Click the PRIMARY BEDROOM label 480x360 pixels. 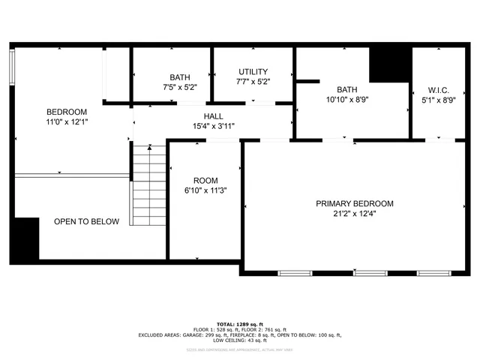(354, 203)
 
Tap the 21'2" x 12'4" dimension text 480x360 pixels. (354, 214)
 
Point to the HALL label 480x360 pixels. (213, 116)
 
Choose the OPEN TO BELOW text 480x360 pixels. (86, 221)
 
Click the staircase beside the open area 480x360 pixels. (149, 187)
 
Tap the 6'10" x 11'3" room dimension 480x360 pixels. (205, 190)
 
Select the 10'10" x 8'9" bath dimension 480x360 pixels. (347, 99)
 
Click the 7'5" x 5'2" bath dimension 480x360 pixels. (180, 87)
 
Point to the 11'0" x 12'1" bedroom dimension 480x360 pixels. (67, 121)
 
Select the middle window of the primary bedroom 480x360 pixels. (365, 271)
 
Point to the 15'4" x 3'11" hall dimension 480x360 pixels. (213, 126)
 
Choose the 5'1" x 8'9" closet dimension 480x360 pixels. (437, 100)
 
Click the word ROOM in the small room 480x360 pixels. (205, 181)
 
